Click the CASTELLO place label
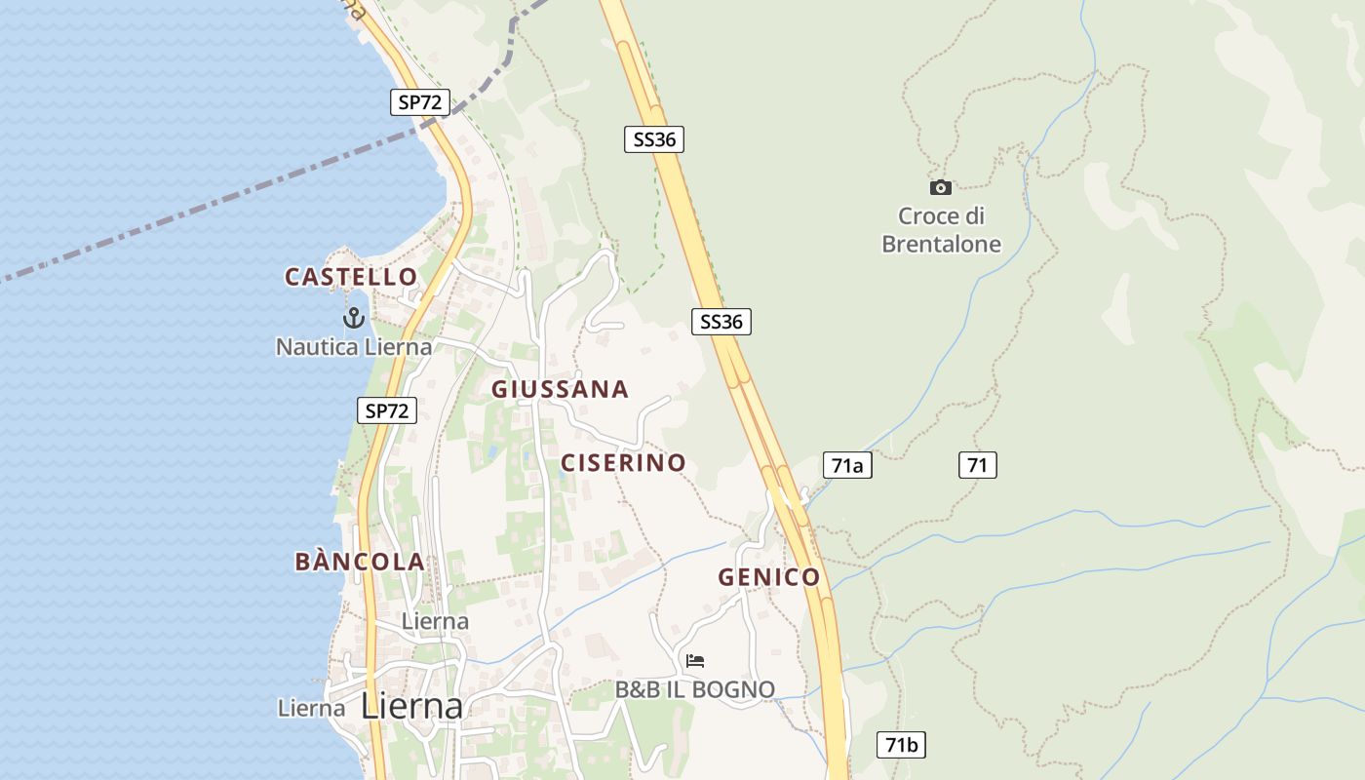[x=351, y=277]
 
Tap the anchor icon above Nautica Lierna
[x=354, y=317]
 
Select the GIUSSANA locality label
[x=560, y=389]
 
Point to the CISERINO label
[x=623, y=462]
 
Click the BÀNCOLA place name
[x=360, y=562]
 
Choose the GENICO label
[x=769, y=577]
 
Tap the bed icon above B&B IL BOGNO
[x=695, y=661]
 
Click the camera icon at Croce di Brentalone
[x=941, y=187]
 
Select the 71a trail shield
[x=847, y=466]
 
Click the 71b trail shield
[x=901, y=745]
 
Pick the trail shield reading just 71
[x=977, y=466]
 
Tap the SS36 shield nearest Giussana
[x=721, y=321]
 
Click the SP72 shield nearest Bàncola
[x=387, y=410]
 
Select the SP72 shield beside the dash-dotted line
[x=420, y=101]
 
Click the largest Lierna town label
[x=412, y=706]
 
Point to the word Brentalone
[x=941, y=244]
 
